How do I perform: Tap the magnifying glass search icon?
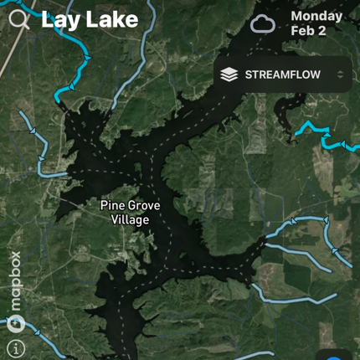18,20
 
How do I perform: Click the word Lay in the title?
59,19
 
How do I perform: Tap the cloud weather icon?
263,23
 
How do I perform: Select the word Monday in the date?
316,16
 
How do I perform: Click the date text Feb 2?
308,31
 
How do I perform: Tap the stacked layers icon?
229,75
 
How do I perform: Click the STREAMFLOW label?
282,75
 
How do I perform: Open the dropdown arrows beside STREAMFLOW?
340,75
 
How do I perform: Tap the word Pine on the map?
113,205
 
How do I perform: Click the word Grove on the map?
144,205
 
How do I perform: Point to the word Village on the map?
130,219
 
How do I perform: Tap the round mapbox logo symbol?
15,325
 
